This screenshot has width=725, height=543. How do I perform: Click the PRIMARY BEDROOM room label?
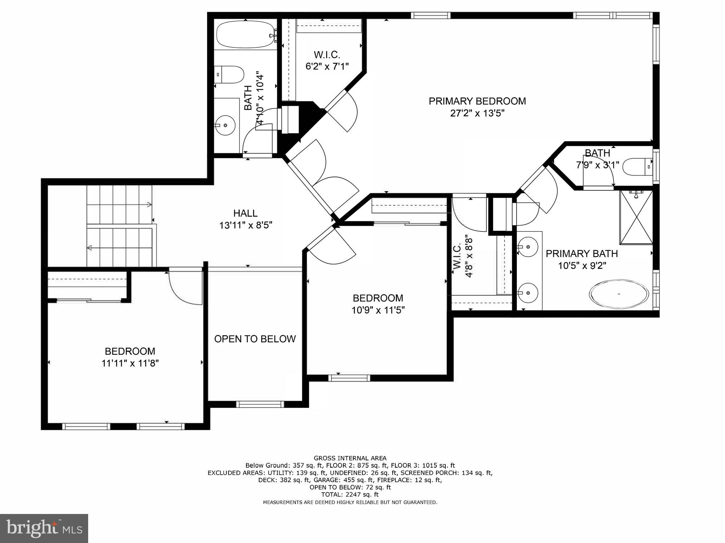[x=477, y=101]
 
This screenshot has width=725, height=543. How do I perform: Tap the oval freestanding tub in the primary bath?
[x=619, y=293]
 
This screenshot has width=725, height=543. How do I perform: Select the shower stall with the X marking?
[x=636, y=217]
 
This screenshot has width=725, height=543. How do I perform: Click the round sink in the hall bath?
[x=225, y=125]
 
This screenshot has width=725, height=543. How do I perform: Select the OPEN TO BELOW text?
[x=255, y=339]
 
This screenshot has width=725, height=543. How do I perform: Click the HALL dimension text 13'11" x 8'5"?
[x=246, y=225]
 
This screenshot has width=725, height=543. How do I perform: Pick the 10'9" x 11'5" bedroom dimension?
[x=378, y=310]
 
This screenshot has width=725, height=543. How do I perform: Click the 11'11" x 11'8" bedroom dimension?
[x=130, y=363]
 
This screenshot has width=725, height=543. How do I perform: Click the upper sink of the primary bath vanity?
[x=527, y=246]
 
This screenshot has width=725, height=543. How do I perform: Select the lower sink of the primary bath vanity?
[x=527, y=293]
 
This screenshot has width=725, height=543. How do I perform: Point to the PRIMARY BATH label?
[x=582, y=253]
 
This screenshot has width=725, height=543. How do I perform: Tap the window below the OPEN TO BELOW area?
[x=260, y=404]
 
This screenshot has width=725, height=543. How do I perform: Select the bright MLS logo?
[x=44, y=528]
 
